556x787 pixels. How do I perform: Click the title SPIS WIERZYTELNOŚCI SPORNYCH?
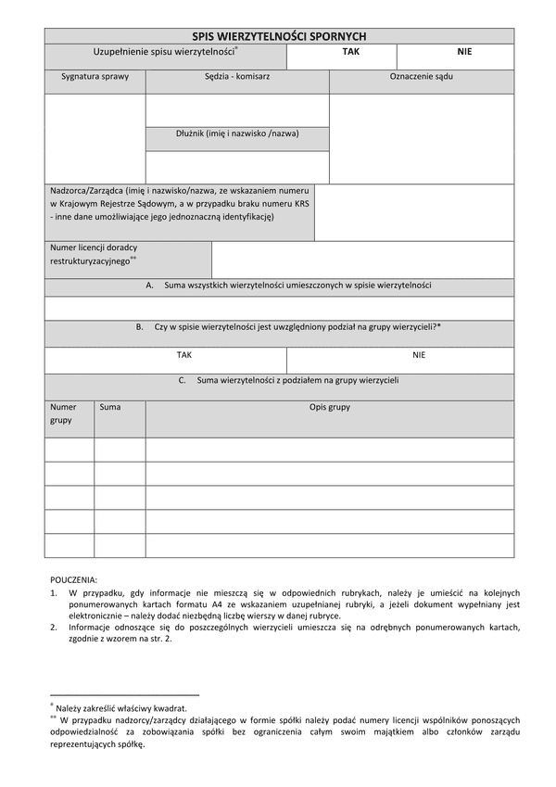[x=279, y=35]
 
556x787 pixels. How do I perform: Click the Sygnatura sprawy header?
[x=95, y=77]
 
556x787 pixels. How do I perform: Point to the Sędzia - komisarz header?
[x=237, y=77]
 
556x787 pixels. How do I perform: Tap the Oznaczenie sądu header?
[x=422, y=77]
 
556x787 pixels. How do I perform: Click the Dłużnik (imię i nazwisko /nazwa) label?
[x=237, y=133]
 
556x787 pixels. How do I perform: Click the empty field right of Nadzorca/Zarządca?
[x=414, y=212]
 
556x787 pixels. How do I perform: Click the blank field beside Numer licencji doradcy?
[x=362, y=260]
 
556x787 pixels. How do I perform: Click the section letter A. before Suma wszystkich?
[x=149, y=286]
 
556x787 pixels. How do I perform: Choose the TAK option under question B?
[x=184, y=354]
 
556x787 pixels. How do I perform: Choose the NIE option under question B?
[x=419, y=354]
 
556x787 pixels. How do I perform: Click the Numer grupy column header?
[x=64, y=413]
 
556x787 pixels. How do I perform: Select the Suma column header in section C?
[x=109, y=407]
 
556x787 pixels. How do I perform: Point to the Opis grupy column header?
[x=329, y=407]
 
